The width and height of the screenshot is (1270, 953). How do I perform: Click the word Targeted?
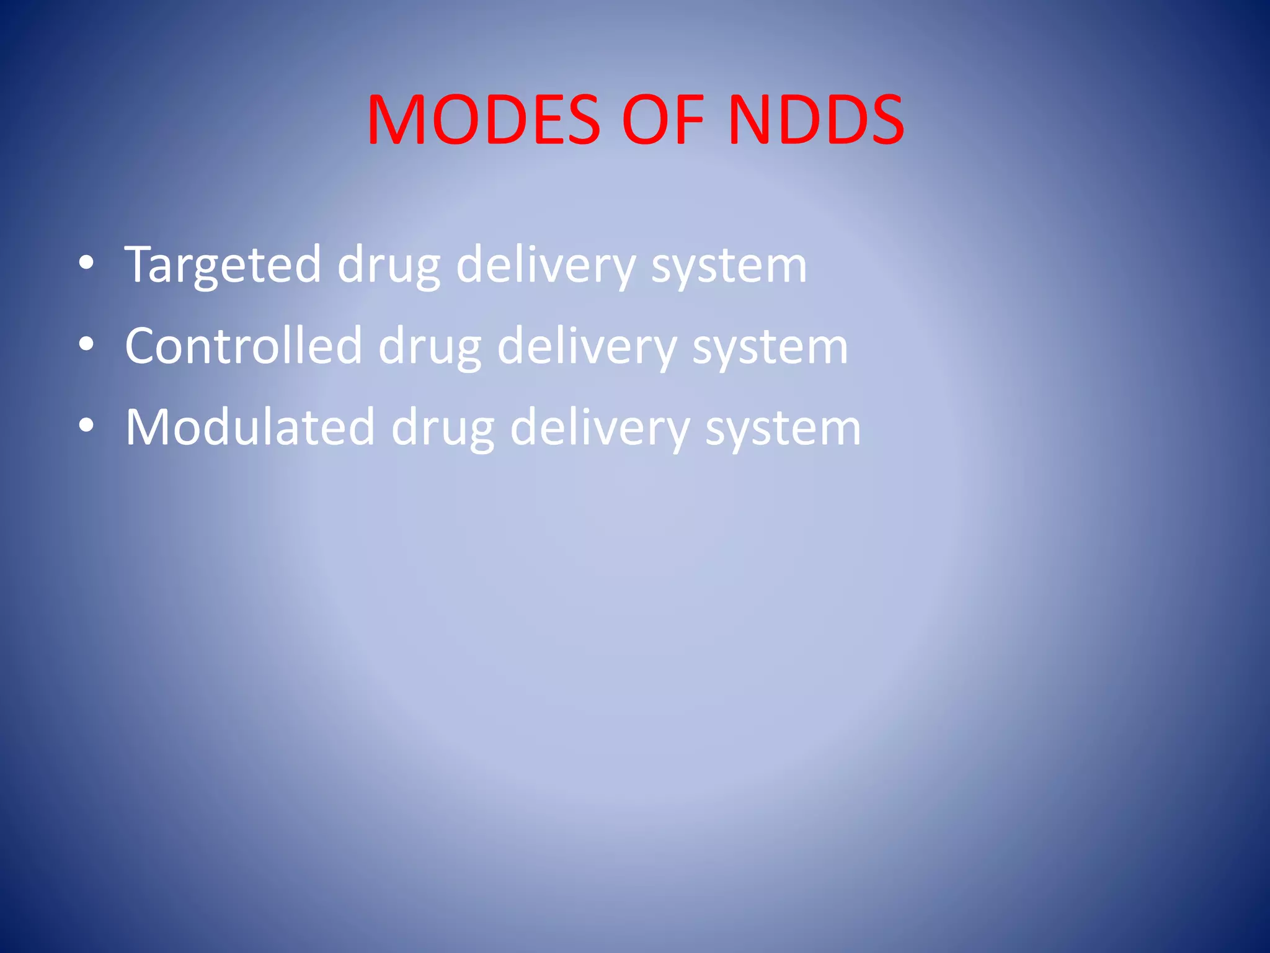click(222, 265)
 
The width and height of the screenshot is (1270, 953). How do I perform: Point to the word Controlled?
click(243, 346)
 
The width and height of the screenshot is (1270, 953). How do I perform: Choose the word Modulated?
click(250, 427)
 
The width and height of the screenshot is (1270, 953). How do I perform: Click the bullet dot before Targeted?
click(87, 263)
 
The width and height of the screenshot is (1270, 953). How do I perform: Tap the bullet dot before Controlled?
click(87, 344)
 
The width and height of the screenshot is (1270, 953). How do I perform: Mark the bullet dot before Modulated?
click(87, 426)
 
